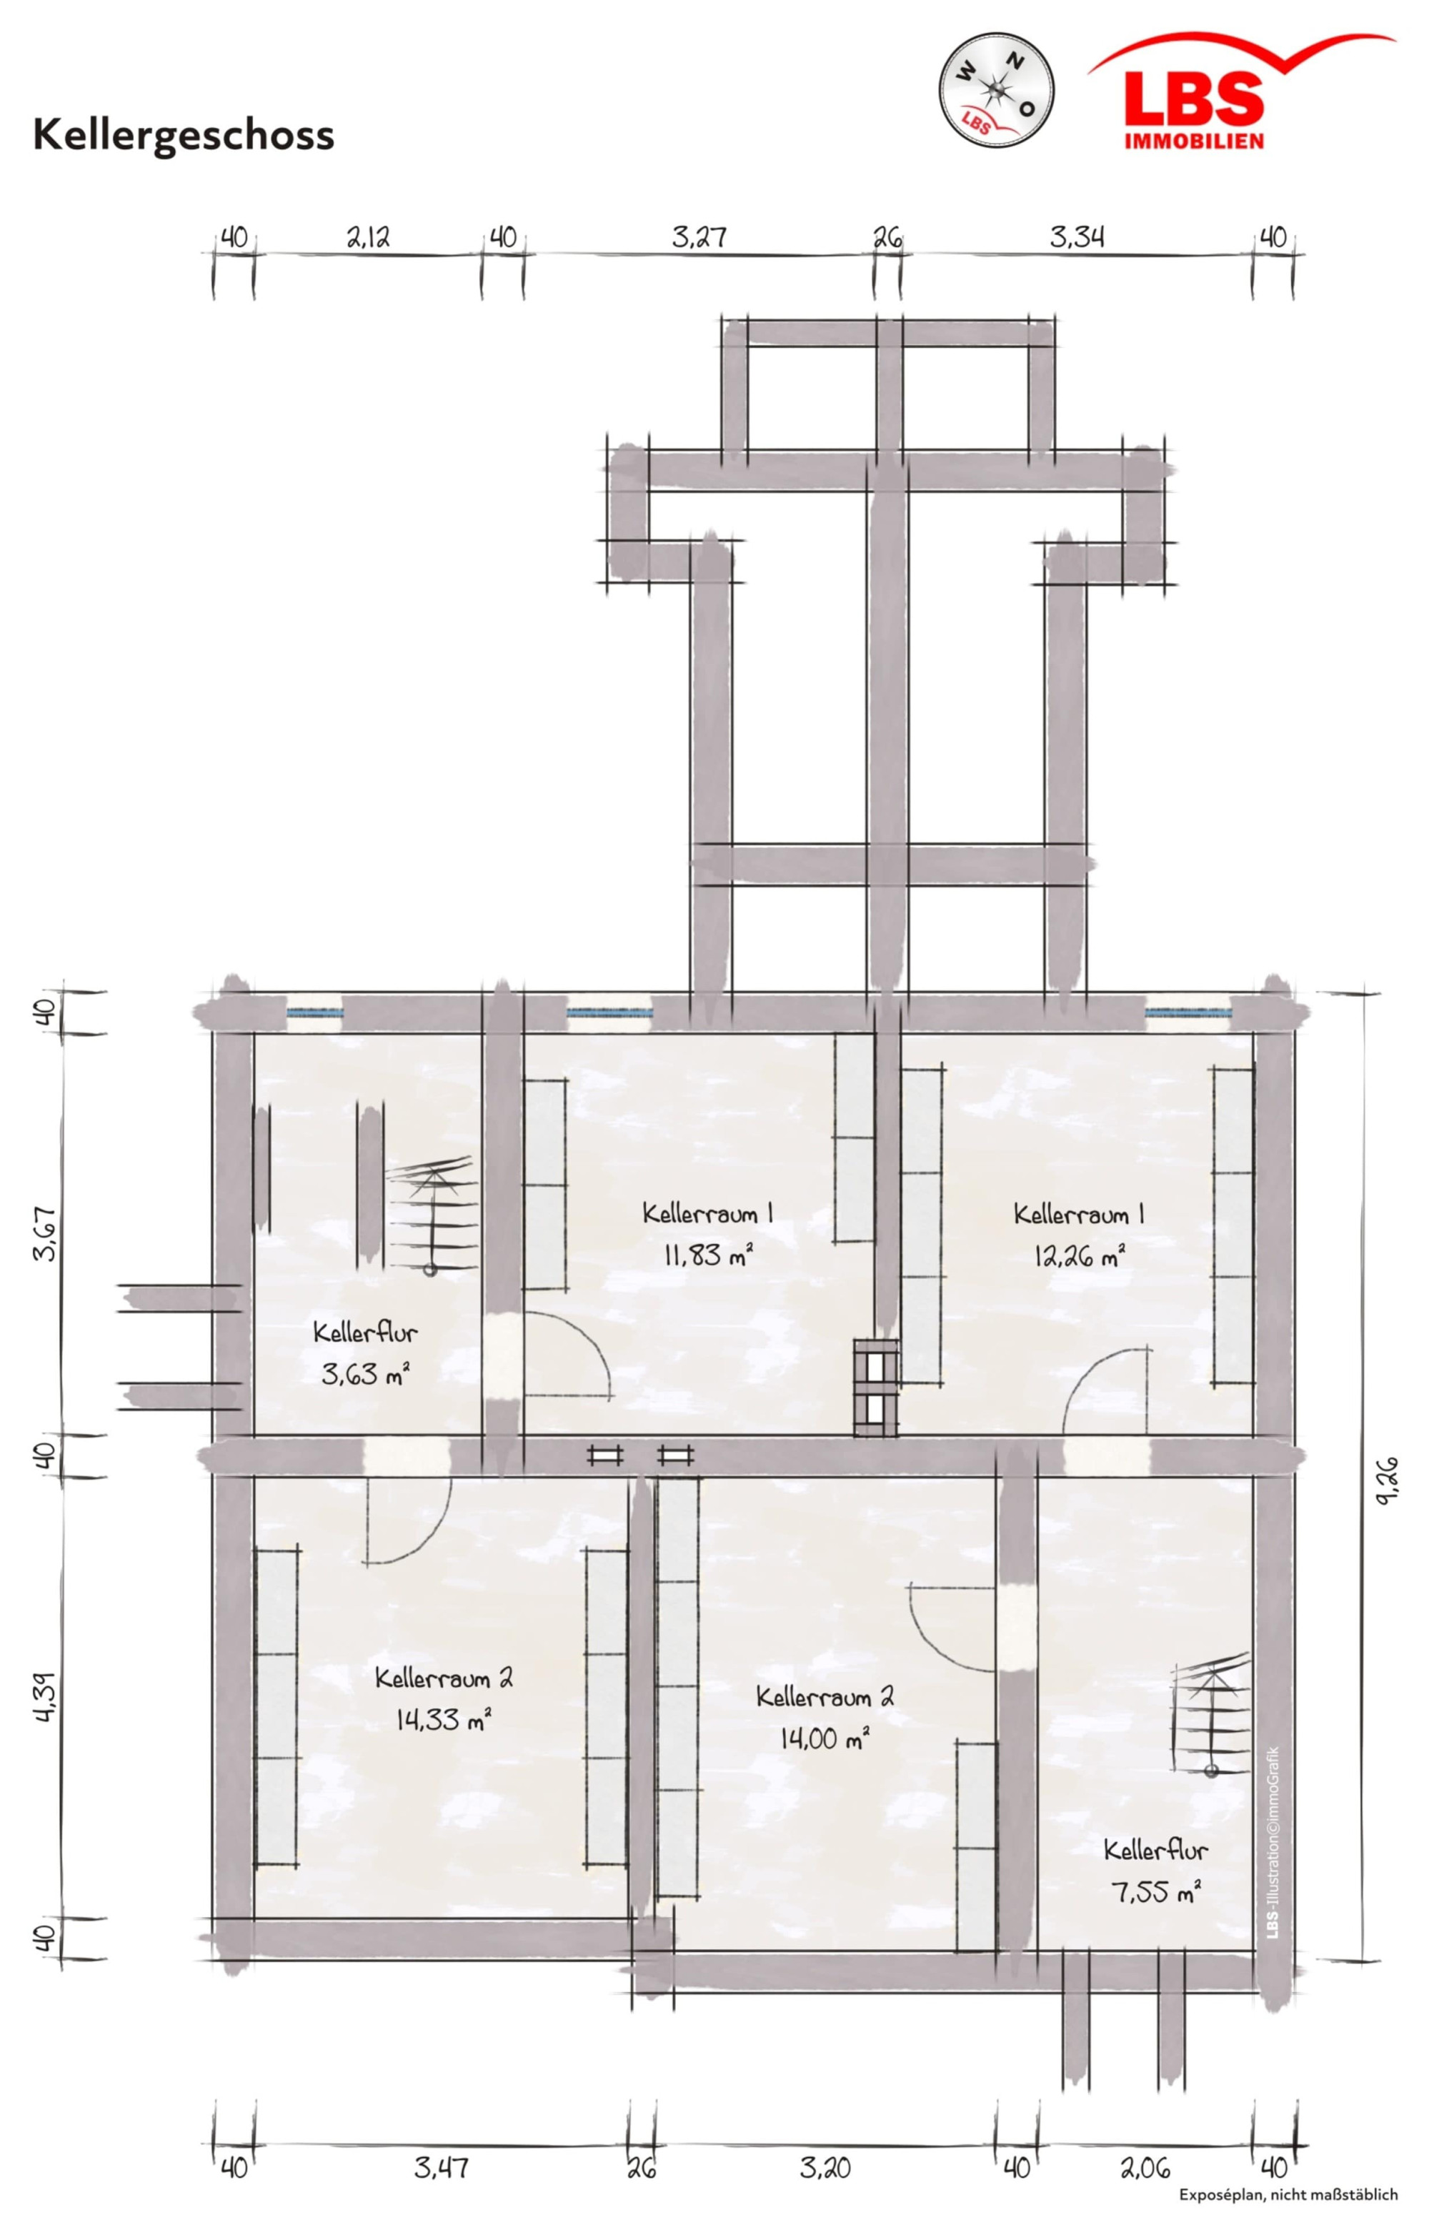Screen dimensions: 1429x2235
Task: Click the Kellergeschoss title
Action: pos(184,134)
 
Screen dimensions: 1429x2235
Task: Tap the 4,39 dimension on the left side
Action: pos(46,1698)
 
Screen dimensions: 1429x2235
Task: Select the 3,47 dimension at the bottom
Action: pos(442,2167)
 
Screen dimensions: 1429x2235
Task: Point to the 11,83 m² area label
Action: pos(708,1256)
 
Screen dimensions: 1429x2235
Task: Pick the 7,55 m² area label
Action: pos(1156,1891)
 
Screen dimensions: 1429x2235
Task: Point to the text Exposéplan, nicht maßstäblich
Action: pos(1288,2214)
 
